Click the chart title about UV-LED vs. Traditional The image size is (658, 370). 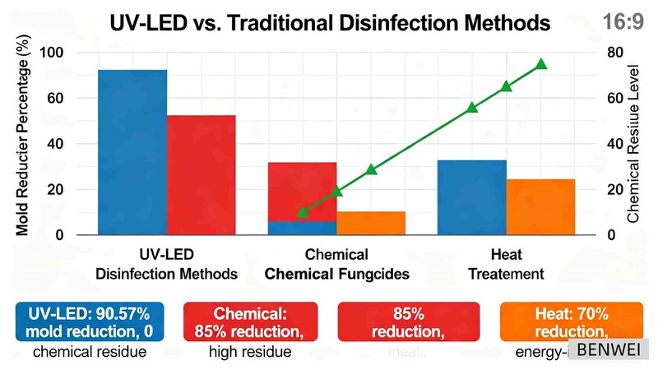(x=330, y=23)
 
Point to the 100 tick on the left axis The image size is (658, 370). (x=52, y=53)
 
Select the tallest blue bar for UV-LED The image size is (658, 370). (x=132, y=152)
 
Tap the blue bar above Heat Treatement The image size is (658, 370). (x=472, y=197)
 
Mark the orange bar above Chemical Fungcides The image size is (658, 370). (x=371, y=223)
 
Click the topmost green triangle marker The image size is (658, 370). (x=541, y=64)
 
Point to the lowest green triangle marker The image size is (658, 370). (x=302, y=213)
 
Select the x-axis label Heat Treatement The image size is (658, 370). (x=507, y=264)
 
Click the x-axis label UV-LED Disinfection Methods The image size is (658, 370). (x=167, y=264)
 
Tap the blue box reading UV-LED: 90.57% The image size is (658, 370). (x=89, y=321)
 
